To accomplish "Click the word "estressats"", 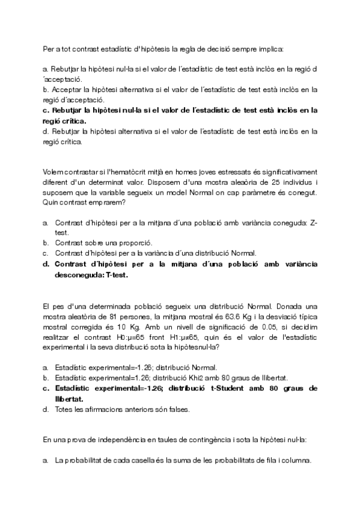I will pyautogui.click(x=218, y=171).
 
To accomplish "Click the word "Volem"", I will pyautogui.click(x=52, y=171).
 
